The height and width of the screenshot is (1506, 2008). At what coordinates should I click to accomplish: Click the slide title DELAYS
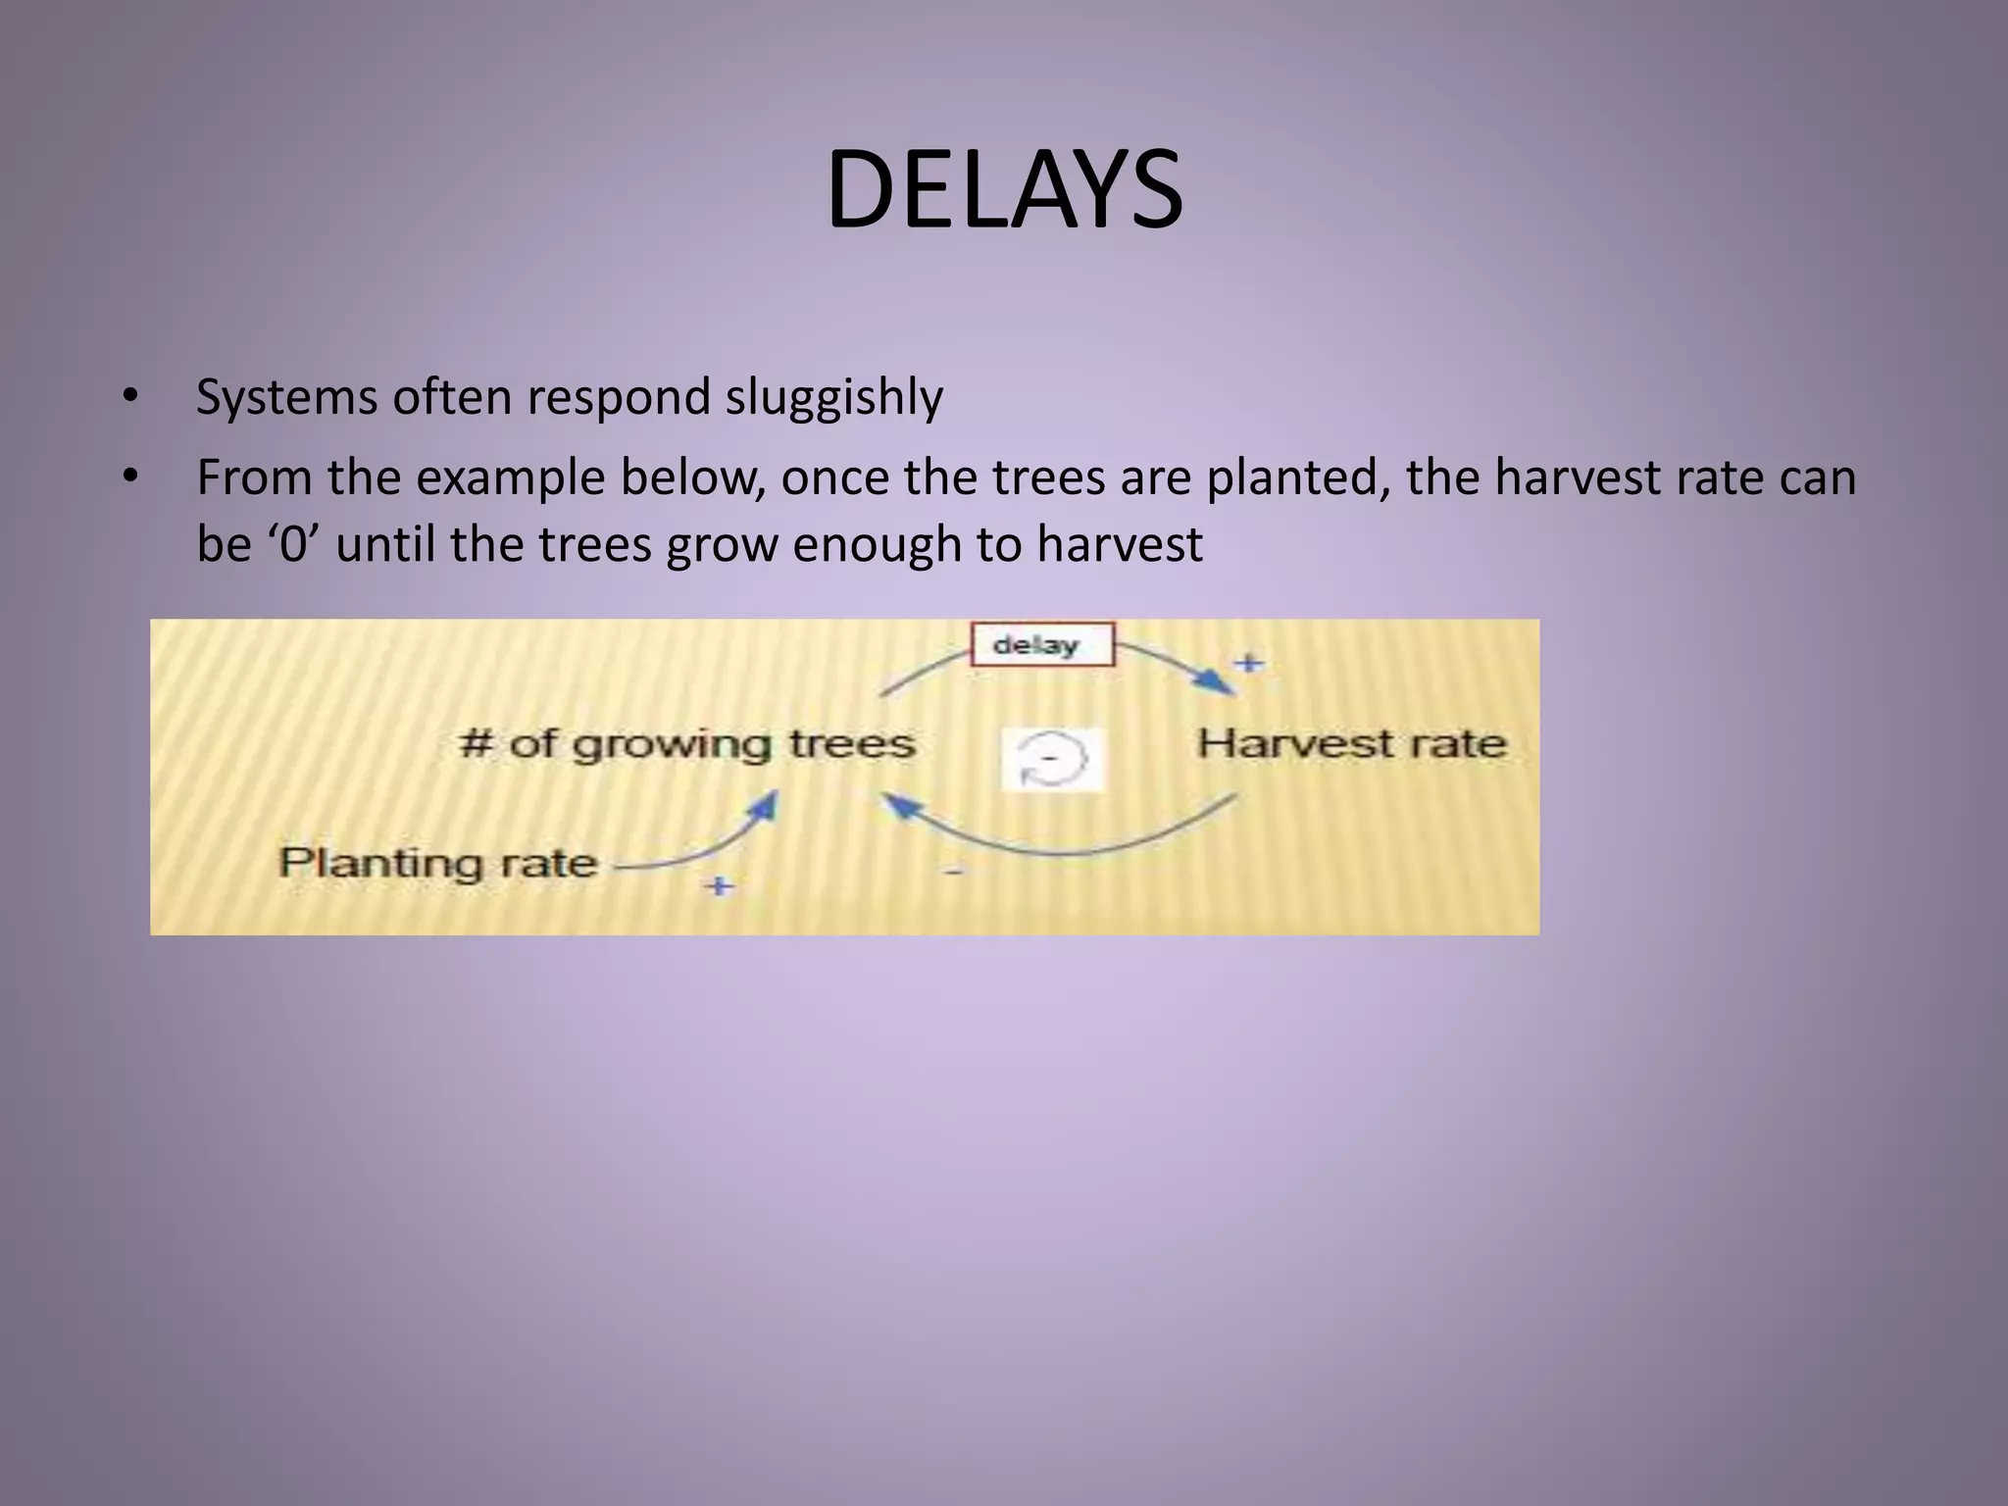(x=1004, y=189)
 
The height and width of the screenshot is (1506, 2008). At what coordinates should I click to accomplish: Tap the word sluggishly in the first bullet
(x=833, y=398)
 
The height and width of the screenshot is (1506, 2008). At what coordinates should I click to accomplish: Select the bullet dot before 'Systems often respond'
(x=130, y=398)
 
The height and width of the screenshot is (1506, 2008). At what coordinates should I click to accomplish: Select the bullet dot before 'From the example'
(x=130, y=477)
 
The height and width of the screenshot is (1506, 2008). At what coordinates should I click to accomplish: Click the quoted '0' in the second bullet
(x=292, y=544)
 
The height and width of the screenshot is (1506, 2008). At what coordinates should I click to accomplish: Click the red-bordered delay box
(x=1042, y=645)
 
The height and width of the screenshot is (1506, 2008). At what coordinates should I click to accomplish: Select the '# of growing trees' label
(x=687, y=744)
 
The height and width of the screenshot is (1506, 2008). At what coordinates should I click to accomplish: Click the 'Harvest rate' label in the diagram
(x=1351, y=744)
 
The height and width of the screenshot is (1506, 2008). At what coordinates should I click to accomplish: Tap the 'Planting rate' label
(x=438, y=864)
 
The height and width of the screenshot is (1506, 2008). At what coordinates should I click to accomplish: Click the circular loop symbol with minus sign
(x=1052, y=760)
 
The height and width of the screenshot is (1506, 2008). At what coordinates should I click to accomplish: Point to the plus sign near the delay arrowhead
(x=1248, y=663)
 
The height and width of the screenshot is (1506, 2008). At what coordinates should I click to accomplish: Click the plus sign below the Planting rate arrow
(x=720, y=885)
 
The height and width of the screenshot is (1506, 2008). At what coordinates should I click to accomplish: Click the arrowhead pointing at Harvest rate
(x=1219, y=683)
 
